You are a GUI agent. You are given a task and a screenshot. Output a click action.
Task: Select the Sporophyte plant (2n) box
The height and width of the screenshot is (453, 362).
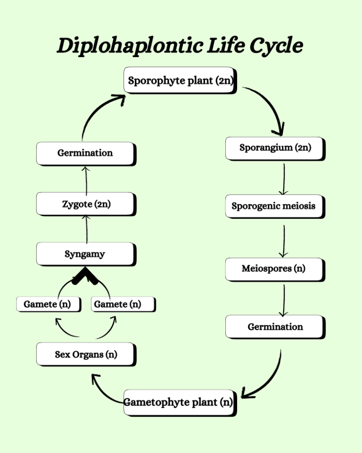click(180, 80)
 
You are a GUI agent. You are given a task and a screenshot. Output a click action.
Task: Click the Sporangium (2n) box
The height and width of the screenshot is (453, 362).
click(275, 148)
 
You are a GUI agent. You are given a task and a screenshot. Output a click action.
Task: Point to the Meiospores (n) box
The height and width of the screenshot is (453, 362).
click(274, 269)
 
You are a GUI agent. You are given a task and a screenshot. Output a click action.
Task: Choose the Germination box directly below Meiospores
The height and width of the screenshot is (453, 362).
click(275, 327)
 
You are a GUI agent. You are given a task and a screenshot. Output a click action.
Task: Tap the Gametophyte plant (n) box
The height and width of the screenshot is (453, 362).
click(179, 403)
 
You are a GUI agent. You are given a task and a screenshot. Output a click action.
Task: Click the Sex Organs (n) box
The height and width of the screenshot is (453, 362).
click(86, 354)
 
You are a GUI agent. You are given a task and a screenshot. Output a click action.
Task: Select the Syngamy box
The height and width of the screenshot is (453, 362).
click(85, 254)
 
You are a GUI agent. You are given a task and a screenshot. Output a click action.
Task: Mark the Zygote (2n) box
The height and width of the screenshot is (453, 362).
click(86, 204)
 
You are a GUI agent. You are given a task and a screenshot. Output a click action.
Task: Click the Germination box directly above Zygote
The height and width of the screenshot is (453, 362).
click(85, 153)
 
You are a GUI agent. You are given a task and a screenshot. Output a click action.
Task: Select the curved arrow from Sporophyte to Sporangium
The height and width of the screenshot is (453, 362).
click(269, 104)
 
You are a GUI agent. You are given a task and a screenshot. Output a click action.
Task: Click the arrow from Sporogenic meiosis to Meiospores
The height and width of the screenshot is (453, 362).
click(283, 241)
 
